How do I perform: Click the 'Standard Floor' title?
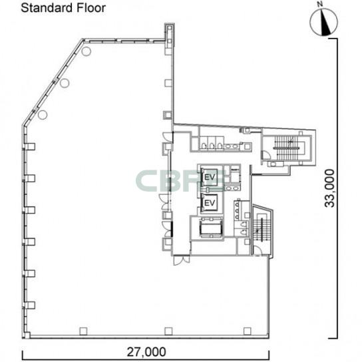63,8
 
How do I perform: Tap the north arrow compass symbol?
323,23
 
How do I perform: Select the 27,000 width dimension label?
146,352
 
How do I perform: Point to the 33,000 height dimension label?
329,188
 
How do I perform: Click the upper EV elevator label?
210,177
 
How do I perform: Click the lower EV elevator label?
210,203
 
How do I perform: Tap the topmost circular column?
86,51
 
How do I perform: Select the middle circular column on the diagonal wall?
65,83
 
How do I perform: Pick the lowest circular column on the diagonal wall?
43,114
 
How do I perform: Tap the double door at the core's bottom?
182,260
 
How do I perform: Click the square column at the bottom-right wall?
248,331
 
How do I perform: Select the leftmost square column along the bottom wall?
83,331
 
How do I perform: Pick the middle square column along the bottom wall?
168,331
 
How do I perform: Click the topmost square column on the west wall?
29,146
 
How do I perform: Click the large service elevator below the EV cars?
211,228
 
